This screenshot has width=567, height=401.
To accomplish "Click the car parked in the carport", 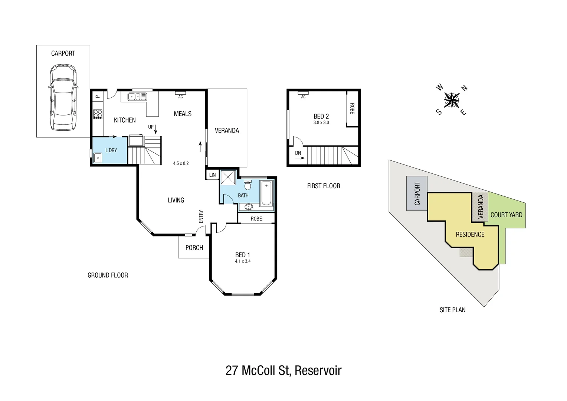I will tap(63, 97).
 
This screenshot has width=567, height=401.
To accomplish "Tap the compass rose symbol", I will tap(452, 100).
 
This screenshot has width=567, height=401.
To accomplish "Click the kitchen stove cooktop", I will tap(98, 114).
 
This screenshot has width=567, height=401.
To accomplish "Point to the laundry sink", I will tap(98, 158).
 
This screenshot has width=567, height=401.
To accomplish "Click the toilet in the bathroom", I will tap(248, 185).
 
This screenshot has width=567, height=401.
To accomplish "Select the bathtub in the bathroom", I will tap(266, 193).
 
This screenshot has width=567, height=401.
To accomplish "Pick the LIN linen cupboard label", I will tap(212, 175).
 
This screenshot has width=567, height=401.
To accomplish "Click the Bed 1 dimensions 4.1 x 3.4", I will tap(243, 261).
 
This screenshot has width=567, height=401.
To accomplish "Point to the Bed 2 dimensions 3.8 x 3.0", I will tap(321, 123).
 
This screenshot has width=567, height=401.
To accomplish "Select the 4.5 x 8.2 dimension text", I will tap(181, 163).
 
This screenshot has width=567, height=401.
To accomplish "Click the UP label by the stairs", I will tap(151, 127).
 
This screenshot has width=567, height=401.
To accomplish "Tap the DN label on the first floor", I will tap(298, 153).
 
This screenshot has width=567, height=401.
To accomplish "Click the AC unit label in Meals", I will tap(180, 97).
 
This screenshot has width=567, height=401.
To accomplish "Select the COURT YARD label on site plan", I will tap(506, 215).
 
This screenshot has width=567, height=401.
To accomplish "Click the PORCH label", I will tap(194, 248).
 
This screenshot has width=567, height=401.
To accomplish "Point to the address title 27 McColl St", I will tap(283, 371).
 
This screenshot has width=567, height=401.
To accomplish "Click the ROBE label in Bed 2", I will tap(352, 108).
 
